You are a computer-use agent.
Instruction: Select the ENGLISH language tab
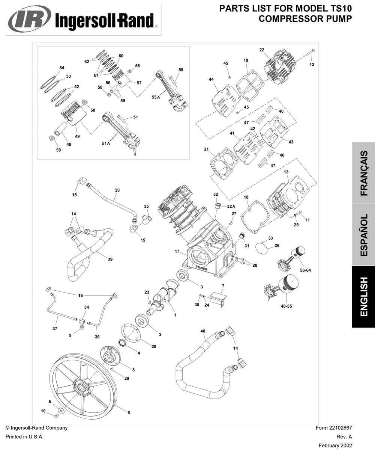(x=363, y=297)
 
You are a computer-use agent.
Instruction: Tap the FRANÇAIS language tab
(x=363, y=173)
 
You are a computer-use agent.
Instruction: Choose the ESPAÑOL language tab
(x=363, y=235)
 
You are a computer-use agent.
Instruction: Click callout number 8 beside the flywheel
(x=128, y=412)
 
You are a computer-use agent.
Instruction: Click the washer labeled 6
(x=60, y=408)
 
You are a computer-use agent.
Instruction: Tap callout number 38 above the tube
(x=117, y=190)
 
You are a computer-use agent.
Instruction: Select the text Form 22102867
(x=334, y=428)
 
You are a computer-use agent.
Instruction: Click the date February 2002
(x=335, y=445)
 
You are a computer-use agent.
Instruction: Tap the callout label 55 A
(x=156, y=97)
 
